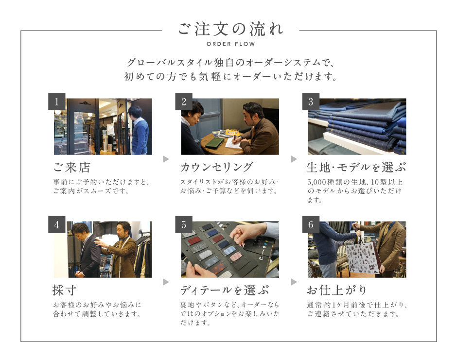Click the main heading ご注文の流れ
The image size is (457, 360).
pos(230,29)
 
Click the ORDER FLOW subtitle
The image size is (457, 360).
pos(230,44)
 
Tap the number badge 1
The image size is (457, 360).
pos(56,102)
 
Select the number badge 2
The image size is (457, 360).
pos(184,102)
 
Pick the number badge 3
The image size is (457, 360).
pos(311,102)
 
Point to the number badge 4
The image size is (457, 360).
pos(56,224)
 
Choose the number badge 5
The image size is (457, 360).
pos(184,224)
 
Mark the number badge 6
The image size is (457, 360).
pos(311,224)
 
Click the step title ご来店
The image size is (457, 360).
pos(71,167)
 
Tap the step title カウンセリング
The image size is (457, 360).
pos(216,167)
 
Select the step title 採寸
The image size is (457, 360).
pos(64,290)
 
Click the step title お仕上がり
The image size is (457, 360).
pos(336,290)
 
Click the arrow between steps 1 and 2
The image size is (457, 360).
pos(166,159)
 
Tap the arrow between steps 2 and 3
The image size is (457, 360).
pos(294,159)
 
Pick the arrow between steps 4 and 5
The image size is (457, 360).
pos(166,282)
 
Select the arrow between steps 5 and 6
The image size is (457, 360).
pos(294,282)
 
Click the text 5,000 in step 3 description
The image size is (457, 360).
pos(316,182)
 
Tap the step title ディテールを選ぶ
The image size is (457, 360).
pos(225,290)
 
